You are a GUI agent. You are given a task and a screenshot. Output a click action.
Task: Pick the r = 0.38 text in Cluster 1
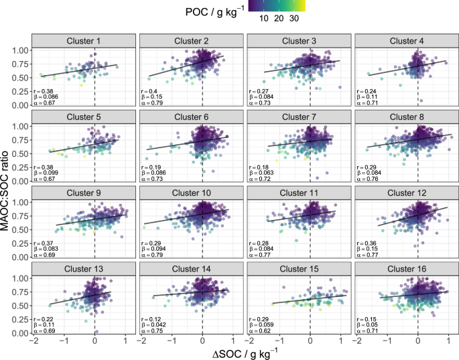[42, 91]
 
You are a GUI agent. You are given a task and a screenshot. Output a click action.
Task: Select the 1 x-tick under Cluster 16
[448, 340]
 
